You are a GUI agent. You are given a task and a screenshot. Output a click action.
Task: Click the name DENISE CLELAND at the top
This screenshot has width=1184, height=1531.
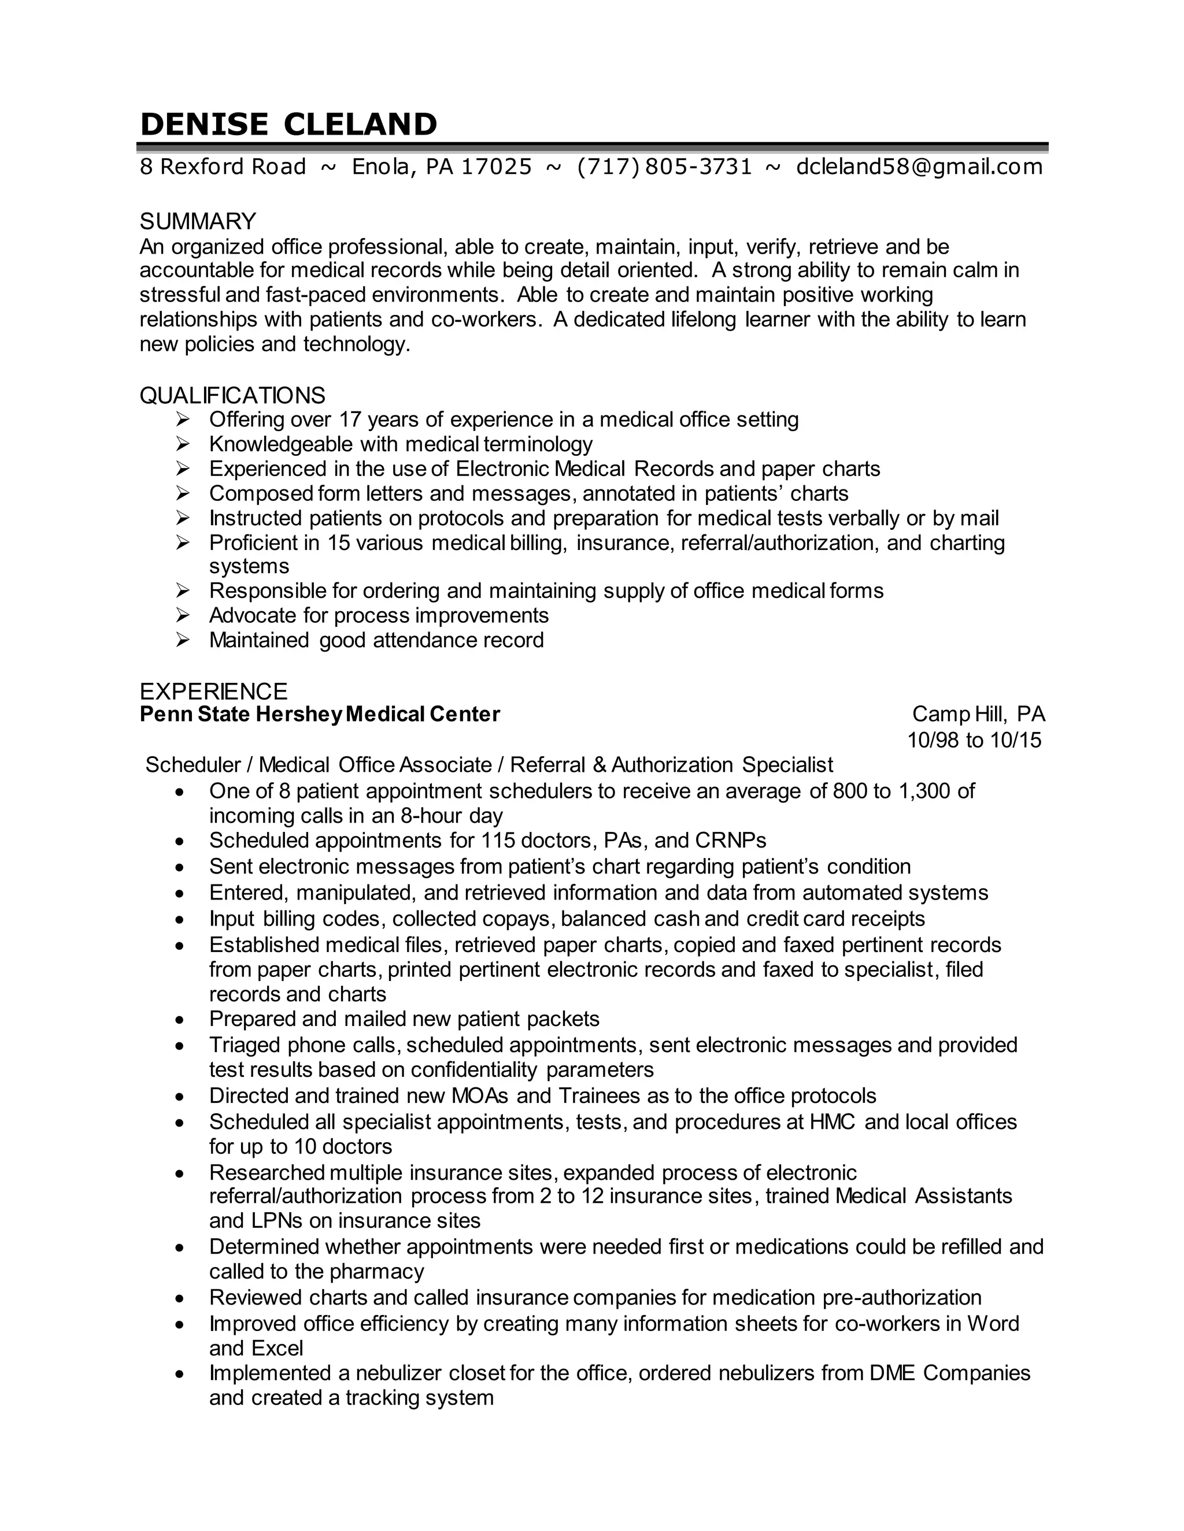(288, 125)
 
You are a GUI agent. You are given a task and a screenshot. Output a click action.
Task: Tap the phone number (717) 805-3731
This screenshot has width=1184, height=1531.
(664, 167)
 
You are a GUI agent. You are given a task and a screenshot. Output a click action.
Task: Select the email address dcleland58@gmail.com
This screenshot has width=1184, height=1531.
(919, 167)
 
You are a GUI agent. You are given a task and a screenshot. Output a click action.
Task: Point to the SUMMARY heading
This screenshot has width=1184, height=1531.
(198, 221)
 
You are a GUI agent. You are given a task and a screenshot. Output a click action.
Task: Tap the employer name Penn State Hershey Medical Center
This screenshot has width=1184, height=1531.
(320, 714)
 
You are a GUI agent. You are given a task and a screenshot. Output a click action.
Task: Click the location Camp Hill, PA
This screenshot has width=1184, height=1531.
(978, 714)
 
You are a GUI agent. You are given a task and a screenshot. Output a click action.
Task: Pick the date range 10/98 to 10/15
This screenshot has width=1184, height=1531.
(974, 740)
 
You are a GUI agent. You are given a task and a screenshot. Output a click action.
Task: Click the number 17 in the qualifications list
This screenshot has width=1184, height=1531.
(349, 420)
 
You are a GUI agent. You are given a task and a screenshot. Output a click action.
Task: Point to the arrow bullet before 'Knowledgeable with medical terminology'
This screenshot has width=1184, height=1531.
(183, 444)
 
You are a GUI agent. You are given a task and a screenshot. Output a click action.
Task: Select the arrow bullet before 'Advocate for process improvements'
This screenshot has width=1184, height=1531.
(183, 615)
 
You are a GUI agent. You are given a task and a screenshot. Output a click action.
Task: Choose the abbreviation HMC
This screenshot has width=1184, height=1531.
(832, 1123)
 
